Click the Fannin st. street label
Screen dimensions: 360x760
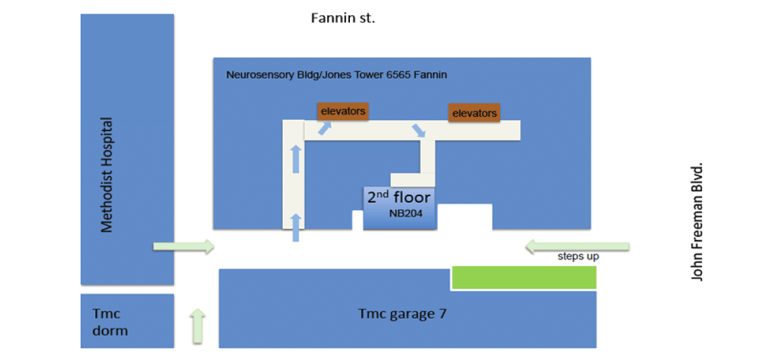point(343,18)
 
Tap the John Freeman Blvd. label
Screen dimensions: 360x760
point(697,221)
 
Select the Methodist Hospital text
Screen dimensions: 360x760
point(107,175)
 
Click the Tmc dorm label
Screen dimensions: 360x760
point(109,321)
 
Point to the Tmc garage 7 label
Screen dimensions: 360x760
point(402,313)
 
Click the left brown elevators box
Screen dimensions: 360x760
point(343,111)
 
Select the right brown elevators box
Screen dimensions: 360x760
point(474,113)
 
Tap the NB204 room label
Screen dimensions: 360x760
point(406,214)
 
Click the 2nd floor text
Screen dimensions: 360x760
point(399,197)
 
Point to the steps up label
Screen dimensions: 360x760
point(578,257)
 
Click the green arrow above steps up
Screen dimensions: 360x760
point(577,247)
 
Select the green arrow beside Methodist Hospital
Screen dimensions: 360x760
point(183,247)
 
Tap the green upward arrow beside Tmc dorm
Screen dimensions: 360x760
point(197,326)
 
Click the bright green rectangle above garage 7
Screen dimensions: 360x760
point(524,277)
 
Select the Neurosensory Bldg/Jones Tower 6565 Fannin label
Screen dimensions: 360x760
point(336,75)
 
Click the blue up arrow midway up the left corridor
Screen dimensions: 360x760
point(296,159)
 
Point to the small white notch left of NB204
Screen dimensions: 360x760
point(357,220)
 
